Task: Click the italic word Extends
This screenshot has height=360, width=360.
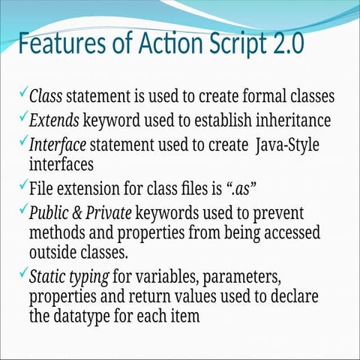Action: pyautogui.click(x=53, y=120)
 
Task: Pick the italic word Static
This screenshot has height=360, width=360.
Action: pyautogui.click(x=47, y=275)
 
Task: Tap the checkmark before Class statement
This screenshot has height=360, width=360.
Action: pyautogui.click(x=24, y=94)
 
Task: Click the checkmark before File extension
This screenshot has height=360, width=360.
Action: pyautogui.click(x=24, y=184)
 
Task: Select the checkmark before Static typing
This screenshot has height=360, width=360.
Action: pyautogui.click(x=24, y=272)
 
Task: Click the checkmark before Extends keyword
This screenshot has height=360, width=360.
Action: pyautogui.click(x=24, y=117)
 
